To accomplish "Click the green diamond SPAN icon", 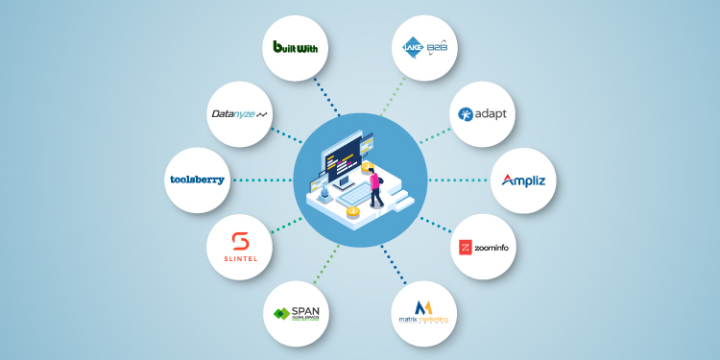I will point(281,314).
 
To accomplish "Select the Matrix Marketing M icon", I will point(423,306).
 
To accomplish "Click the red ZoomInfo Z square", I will point(466,248).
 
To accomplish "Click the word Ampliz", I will point(524,180).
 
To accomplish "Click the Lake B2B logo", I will point(423,46).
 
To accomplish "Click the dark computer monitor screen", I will point(346,154).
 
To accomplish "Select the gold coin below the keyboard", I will point(353,210).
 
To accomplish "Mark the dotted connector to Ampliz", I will point(459,180).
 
